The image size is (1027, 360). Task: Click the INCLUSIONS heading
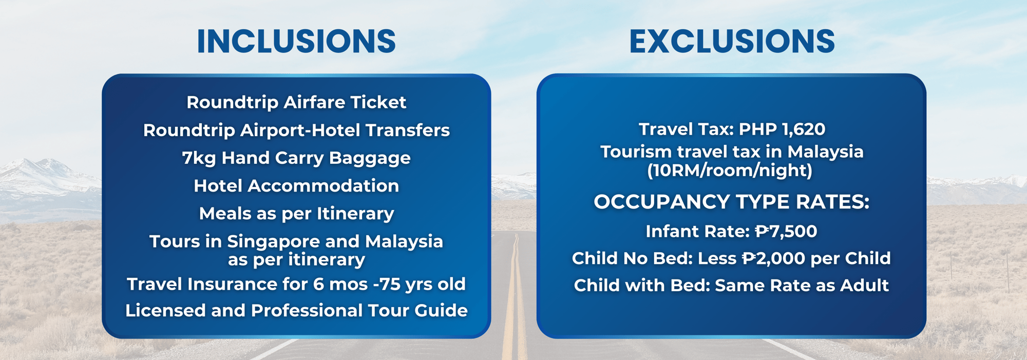(x=296, y=42)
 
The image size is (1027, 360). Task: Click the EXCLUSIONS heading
(x=732, y=42)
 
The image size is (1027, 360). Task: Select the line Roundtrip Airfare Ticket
(x=296, y=102)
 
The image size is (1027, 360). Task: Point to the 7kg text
(x=199, y=158)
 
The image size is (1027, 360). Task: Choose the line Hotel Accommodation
(x=296, y=185)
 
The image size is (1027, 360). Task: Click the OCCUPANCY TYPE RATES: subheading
(x=731, y=202)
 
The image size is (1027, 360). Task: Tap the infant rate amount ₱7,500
(x=786, y=231)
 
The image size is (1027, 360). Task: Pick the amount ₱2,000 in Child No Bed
(x=774, y=258)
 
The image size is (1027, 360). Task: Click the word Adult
(x=865, y=286)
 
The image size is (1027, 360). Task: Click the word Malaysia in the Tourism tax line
(x=826, y=152)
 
